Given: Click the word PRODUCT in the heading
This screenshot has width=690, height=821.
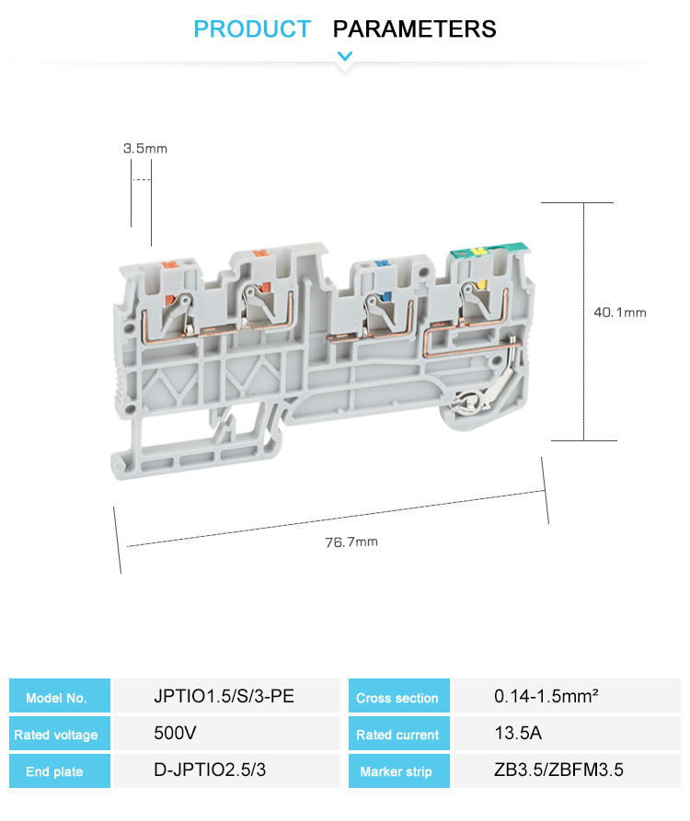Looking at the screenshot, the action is point(252,29).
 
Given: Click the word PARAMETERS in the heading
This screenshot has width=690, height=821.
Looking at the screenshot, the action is point(414,29).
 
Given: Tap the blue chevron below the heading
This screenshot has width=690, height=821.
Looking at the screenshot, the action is point(345,55).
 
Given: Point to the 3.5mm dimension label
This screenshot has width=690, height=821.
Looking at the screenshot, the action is point(145,149).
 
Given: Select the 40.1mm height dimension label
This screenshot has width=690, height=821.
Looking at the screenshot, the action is point(620,313).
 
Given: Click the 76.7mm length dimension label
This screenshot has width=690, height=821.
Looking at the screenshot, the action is point(351,542).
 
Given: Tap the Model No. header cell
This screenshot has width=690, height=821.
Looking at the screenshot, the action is point(60,696).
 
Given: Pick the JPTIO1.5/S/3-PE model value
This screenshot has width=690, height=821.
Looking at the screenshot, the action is point(224,696).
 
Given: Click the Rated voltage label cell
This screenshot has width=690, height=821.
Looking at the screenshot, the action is point(60,734).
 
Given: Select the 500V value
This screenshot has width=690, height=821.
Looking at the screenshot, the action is point(175,733).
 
